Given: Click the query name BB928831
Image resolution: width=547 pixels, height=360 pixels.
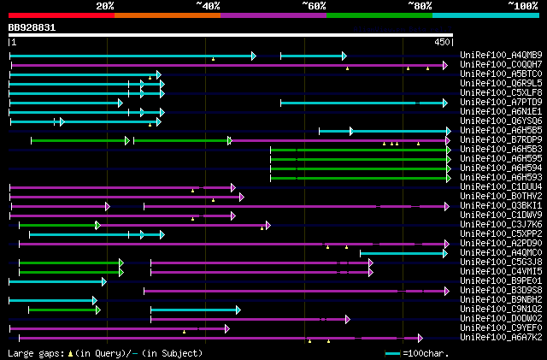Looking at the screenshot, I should pos(32,27).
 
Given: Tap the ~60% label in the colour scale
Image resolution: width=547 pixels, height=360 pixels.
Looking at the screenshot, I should pos(314,5).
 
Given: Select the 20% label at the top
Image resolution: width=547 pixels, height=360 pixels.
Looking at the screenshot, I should pos(105,5).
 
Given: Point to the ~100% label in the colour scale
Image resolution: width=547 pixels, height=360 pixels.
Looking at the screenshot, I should pos(522,5).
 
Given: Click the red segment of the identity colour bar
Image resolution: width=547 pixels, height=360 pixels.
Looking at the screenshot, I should pos(61,15).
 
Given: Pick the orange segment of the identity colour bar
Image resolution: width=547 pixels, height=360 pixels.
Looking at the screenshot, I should pos(167,15).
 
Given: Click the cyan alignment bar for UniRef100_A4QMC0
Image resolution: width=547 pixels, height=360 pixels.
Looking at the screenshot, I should pos(402,253).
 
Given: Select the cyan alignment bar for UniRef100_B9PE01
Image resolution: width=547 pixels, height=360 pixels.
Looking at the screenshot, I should pos(56,281).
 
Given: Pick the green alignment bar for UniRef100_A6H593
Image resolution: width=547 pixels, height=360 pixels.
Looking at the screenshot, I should pos(359,178).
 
